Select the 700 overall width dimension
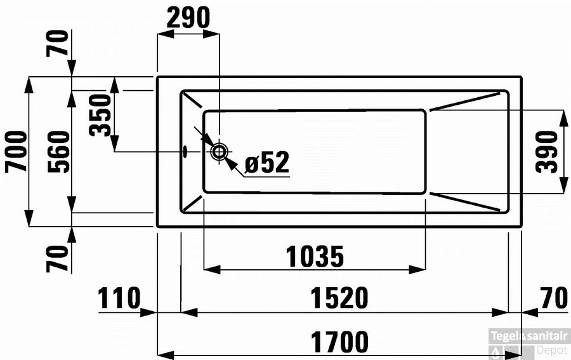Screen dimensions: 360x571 pos(16,151)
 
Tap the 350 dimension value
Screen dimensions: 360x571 pos(100,115)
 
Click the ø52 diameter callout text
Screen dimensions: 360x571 pos(266,163)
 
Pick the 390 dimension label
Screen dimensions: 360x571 pos(547,152)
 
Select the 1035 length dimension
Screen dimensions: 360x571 pos(314,257)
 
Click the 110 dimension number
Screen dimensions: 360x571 pos(119,298)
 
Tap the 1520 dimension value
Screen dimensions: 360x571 pos(339,298)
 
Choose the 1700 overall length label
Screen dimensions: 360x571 pos(339,343)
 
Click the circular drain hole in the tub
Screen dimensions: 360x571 pos(220,152)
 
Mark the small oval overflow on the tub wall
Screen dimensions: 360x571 pos(185,152)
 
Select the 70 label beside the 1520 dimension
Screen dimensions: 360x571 pos(553,298)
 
